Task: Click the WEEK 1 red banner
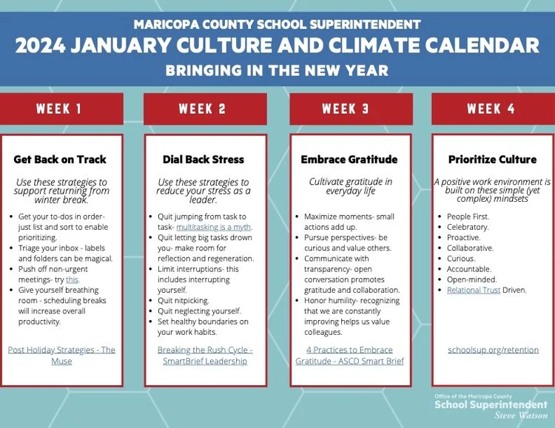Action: click(60, 109)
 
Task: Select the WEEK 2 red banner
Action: click(202, 109)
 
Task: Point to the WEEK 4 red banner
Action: click(491, 109)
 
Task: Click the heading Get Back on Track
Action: click(60, 159)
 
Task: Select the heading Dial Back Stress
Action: click(203, 159)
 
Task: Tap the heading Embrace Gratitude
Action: click(349, 159)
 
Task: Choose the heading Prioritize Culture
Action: click(492, 159)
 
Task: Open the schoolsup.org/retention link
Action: click(493, 350)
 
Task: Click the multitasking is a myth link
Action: click(214, 227)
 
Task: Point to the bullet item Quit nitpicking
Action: click(184, 301)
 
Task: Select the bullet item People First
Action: click(468, 217)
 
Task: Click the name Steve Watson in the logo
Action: click(525, 415)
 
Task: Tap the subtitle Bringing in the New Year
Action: click(277, 72)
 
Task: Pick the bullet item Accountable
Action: click(469, 269)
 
